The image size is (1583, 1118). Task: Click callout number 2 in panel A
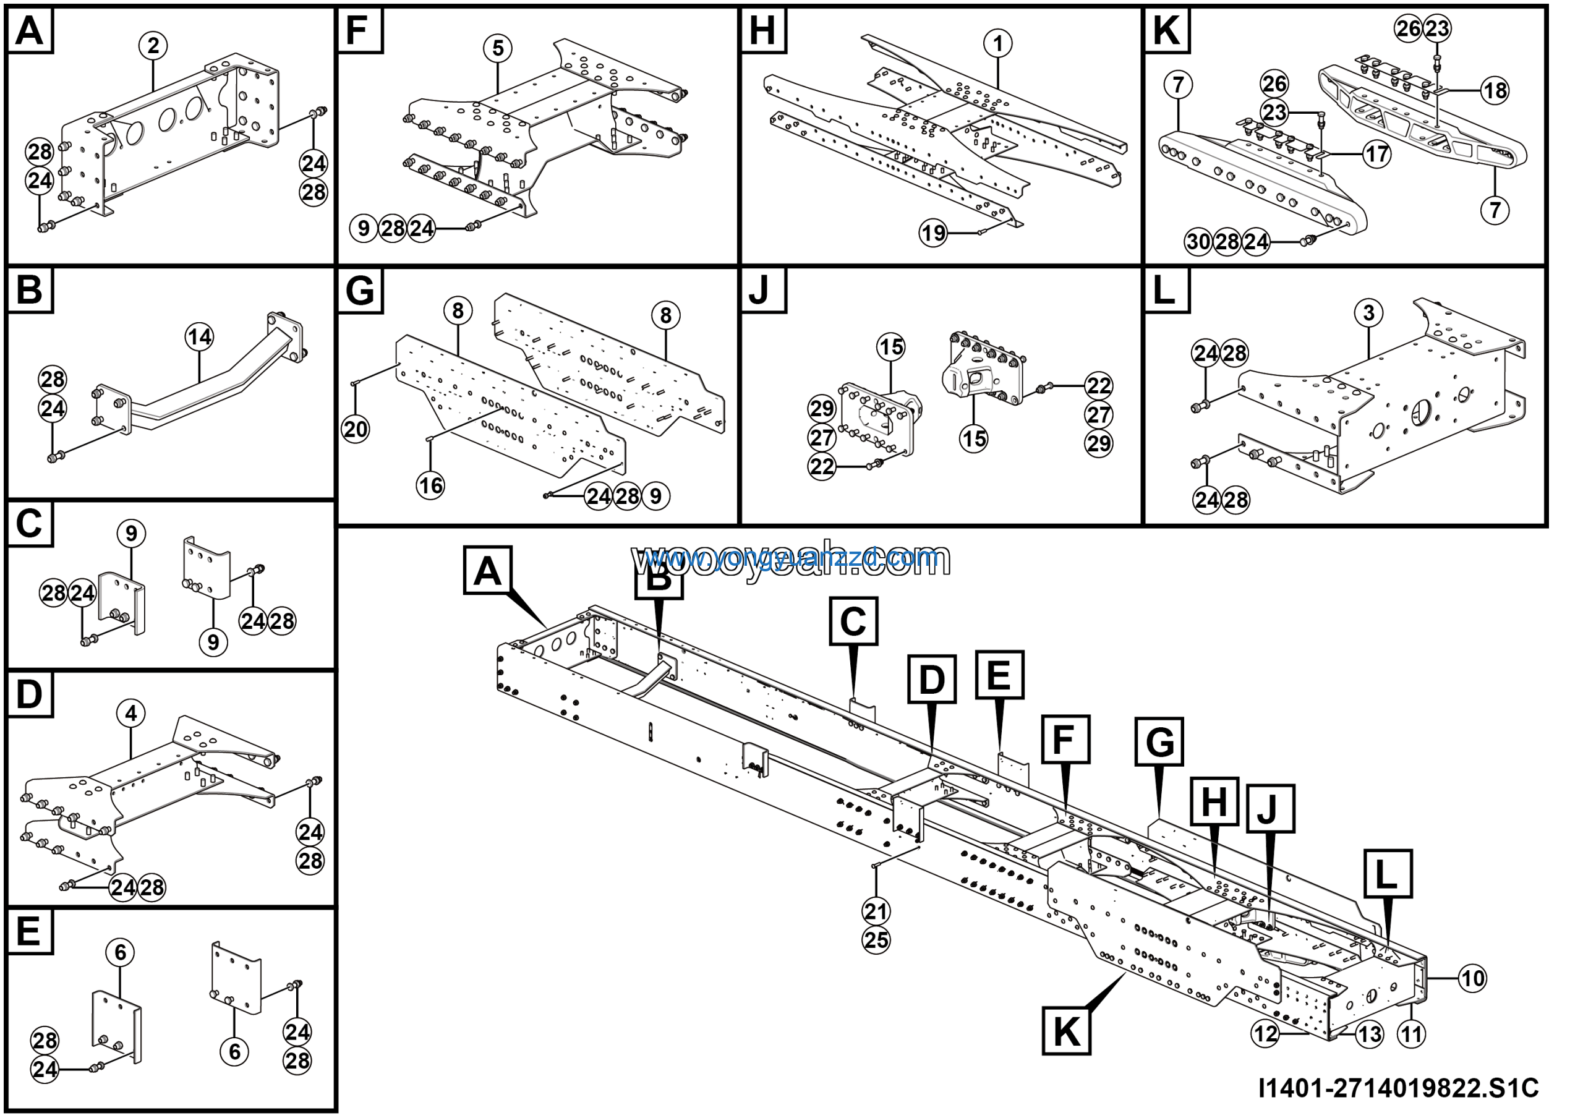click(x=153, y=46)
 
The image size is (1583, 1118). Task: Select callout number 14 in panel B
click(x=199, y=337)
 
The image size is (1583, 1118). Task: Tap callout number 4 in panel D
click(x=131, y=714)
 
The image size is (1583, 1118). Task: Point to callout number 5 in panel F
click(x=498, y=48)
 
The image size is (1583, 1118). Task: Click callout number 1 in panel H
click(x=997, y=44)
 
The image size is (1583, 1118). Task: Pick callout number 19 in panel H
click(x=934, y=233)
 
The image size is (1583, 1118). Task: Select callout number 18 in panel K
click(x=1495, y=90)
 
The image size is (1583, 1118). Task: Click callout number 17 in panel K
click(x=1377, y=154)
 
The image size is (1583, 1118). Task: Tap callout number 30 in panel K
click(x=1199, y=242)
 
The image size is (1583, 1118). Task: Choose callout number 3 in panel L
click(x=1368, y=312)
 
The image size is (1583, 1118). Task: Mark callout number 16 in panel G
click(x=431, y=485)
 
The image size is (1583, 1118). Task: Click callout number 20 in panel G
click(x=356, y=429)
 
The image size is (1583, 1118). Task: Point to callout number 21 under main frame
click(x=876, y=911)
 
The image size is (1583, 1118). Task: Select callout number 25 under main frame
click(x=876, y=940)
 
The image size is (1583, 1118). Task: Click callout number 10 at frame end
click(x=1473, y=978)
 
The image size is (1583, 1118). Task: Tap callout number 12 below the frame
click(x=1265, y=1033)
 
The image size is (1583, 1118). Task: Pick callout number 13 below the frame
click(x=1369, y=1033)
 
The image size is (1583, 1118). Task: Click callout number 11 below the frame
click(x=1411, y=1033)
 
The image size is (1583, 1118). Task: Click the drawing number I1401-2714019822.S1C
click(x=1398, y=1088)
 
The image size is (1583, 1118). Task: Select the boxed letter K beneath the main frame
click(x=1067, y=1031)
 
